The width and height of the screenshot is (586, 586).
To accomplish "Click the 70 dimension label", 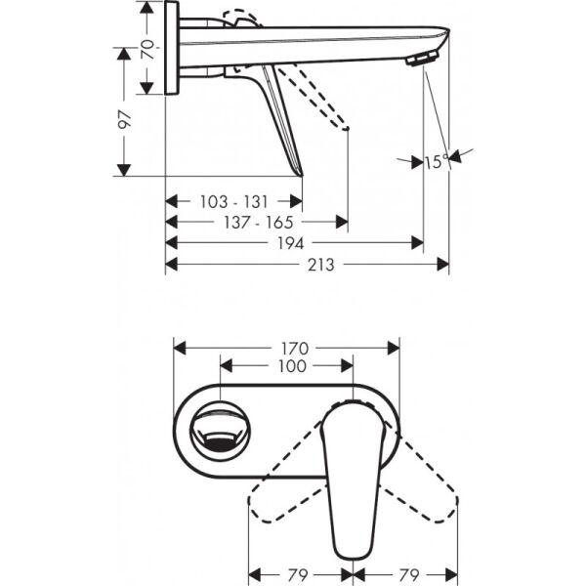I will point(147,49).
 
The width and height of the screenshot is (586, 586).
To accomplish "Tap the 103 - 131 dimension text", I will point(233,201).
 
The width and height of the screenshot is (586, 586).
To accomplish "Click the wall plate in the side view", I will point(172,49).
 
